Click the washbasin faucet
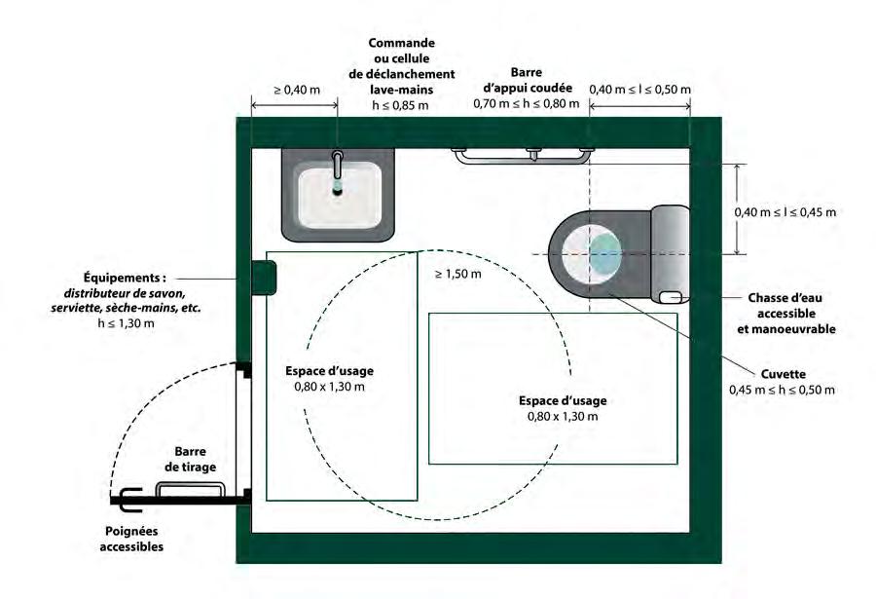tap(338, 164)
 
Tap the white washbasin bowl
tap(338, 195)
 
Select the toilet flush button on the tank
tap(671, 296)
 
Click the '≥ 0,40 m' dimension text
tap(295, 90)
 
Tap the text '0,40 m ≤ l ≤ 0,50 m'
tap(639, 90)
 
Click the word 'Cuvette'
tap(783, 373)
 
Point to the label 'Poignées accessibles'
tap(133, 539)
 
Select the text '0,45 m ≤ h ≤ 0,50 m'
tap(783, 390)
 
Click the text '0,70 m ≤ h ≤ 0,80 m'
tap(527, 103)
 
